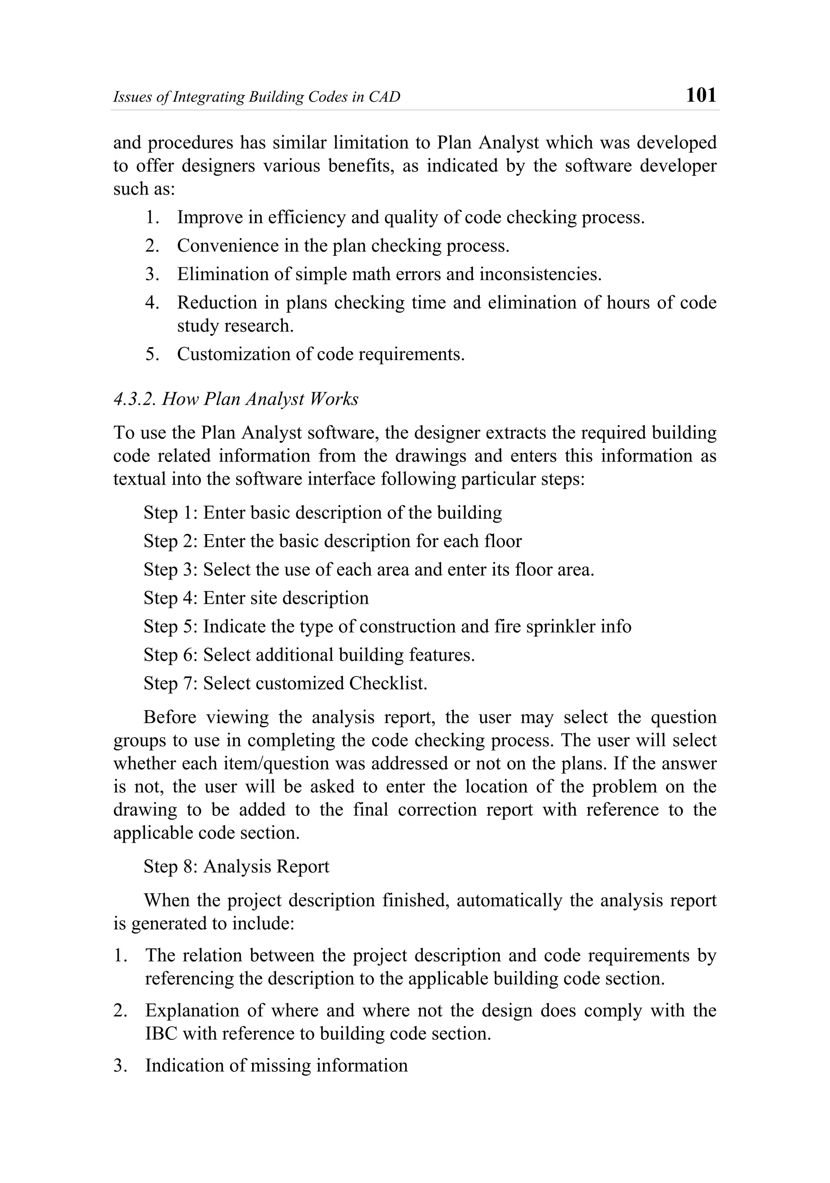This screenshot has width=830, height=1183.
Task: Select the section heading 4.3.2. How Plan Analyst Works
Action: [x=236, y=399]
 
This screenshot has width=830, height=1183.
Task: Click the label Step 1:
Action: [x=171, y=513]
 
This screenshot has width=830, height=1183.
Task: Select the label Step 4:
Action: [x=171, y=598]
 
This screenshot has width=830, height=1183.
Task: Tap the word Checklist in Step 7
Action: [x=388, y=683]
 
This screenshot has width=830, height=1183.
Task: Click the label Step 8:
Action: [x=171, y=867]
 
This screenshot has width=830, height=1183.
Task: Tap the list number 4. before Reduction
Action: [x=152, y=303]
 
